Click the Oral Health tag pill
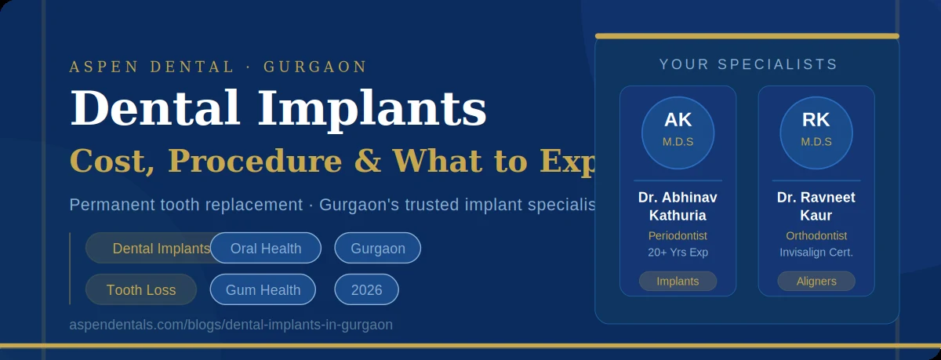point(266,248)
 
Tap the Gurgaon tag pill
point(378,248)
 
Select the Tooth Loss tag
point(141,289)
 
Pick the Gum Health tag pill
point(263,289)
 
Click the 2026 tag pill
point(367,289)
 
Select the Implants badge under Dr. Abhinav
point(678,281)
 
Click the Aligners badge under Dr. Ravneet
point(816,281)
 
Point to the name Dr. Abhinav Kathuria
point(678,206)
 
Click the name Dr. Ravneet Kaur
point(816,206)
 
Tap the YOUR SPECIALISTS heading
point(748,65)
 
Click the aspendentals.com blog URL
point(231,325)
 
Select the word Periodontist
point(678,235)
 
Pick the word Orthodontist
point(816,235)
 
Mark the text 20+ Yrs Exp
point(678,252)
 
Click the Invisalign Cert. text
point(816,252)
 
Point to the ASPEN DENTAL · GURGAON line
point(218,67)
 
